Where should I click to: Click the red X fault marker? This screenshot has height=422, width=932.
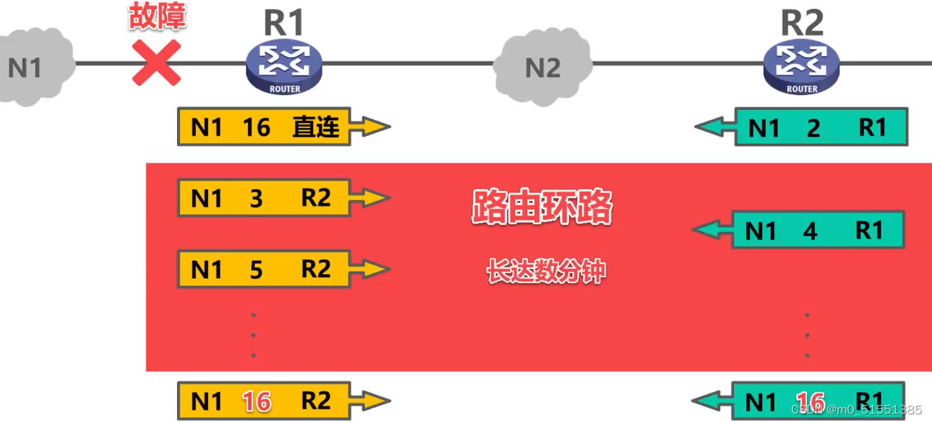tap(157, 62)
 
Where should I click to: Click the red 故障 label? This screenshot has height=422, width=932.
tap(157, 17)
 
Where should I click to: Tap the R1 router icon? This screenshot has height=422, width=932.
tap(284, 67)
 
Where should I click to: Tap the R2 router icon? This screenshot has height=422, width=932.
tap(801, 67)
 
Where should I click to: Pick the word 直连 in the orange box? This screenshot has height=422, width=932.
tap(316, 127)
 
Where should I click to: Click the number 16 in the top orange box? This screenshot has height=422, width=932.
tap(256, 128)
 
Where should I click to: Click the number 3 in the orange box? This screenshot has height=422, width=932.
tap(256, 199)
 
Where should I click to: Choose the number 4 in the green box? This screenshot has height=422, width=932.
tap(810, 232)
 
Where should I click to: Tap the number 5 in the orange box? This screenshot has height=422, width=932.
tap(256, 270)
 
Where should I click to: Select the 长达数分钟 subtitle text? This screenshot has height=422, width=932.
tap(546, 272)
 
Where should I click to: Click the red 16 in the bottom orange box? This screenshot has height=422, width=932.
tap(256, 402)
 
